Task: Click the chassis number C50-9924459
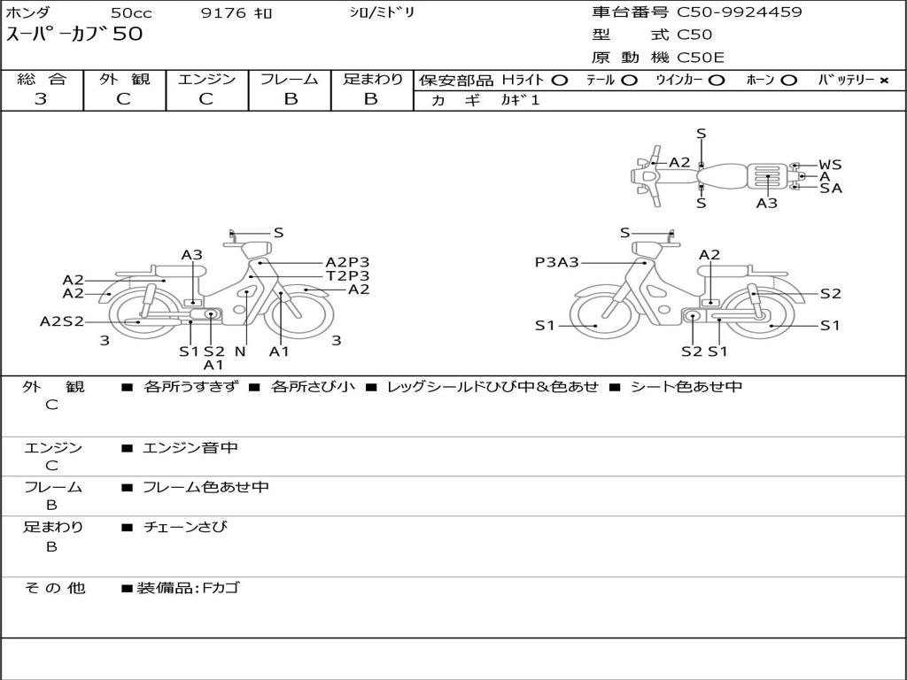pyautogui.click(x=740, y=12)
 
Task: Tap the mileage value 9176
pyautogui.click(x=223, y=12)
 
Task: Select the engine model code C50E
pyautogui.click(x=700, y=58)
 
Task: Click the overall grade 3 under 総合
pyautogui.click(x=41, y=98)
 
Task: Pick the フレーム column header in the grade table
pyautogui.click(x=290, y=79)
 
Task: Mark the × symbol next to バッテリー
pyautogui.click(x=884, y=81)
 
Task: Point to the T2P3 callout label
pyautogui.click(x=347, y=276)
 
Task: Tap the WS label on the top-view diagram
pyautogui.click(x=830, y=165)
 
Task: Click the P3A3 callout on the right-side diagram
pyautogui.click(x=556, y=262)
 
